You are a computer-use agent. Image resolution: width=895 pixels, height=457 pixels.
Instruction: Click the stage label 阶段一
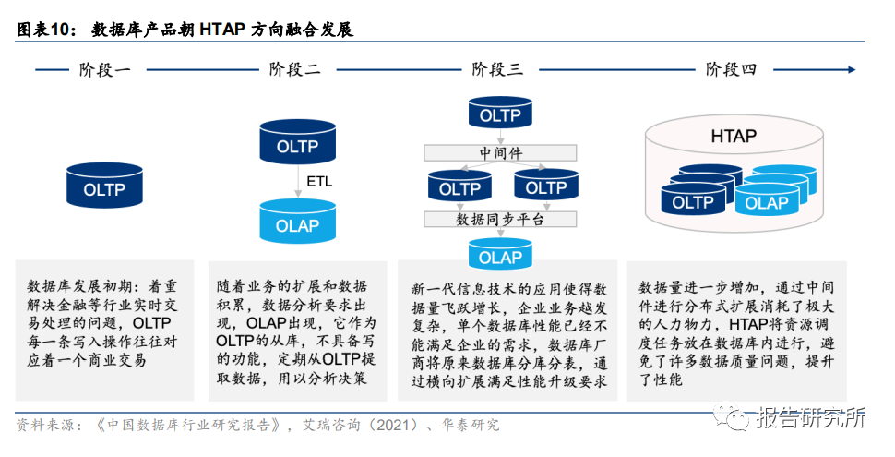click(105, 69)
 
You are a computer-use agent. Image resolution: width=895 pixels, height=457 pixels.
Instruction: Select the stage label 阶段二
click(295, 69)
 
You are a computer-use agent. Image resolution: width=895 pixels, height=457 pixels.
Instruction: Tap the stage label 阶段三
click(497, 69)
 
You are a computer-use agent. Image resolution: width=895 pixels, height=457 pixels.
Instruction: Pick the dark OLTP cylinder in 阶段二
click(297, 146)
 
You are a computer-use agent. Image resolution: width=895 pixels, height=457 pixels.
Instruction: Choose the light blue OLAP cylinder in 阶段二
click(297, 223)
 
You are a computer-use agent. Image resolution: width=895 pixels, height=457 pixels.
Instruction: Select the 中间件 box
click(500, 152)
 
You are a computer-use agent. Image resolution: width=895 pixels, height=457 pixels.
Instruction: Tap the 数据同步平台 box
click(500, 220)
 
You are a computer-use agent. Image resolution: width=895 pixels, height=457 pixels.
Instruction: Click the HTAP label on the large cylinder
click(734, 137)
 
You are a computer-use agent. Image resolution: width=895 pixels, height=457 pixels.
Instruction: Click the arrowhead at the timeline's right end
click(851, 69)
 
